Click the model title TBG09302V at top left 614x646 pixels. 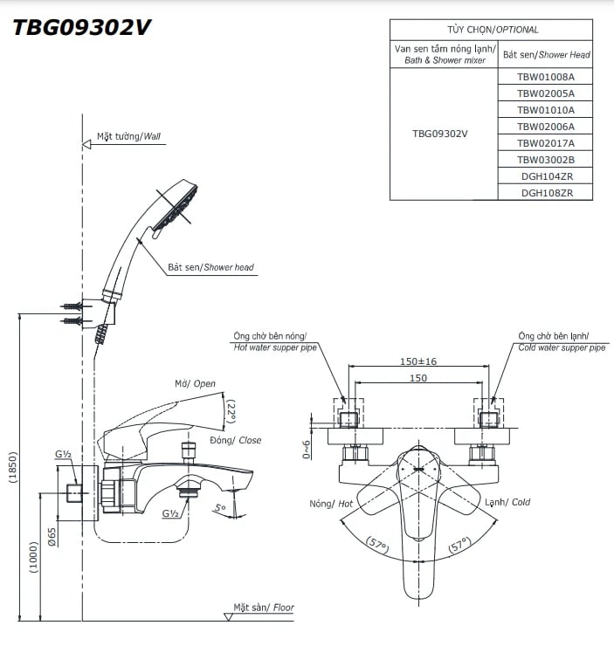81,27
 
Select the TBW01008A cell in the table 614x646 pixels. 545,76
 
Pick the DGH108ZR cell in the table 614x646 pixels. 545,192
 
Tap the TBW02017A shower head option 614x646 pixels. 545,142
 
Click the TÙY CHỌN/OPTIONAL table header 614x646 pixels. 491,29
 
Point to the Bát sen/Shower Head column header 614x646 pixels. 546,54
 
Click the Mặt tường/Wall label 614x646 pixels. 128,137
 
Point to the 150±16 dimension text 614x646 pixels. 418,361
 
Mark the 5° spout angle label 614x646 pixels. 220,507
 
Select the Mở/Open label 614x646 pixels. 194,384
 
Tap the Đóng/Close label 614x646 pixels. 235,440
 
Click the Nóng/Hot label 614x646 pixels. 331,504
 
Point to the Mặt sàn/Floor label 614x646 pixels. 263,607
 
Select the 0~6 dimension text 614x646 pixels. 307,449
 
